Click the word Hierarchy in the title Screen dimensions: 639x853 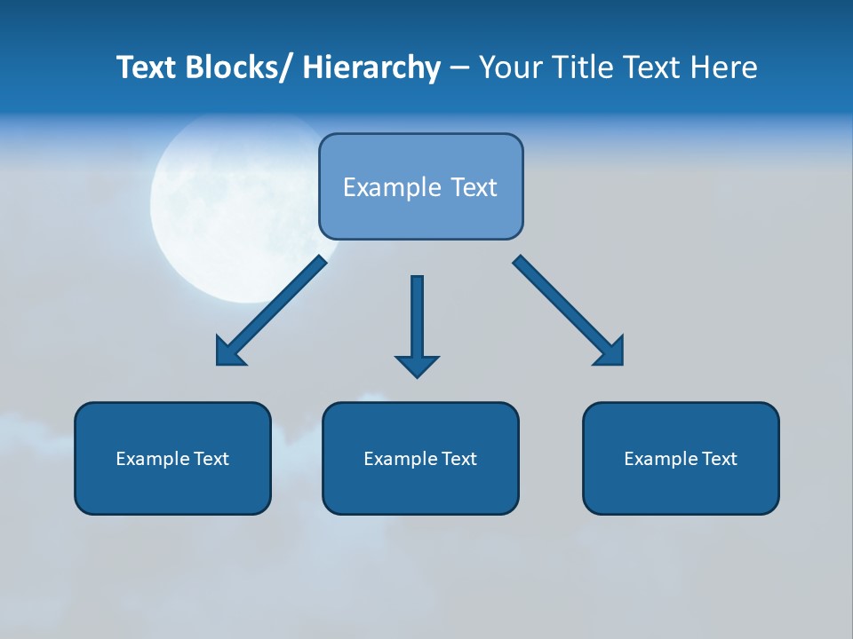[371, 68]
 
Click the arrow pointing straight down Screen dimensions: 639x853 [417, 319]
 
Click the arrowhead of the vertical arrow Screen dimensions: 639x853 [417, 365]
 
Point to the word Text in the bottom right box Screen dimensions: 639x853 [718, 459]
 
